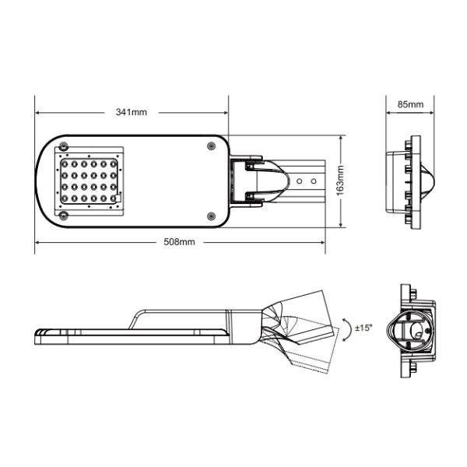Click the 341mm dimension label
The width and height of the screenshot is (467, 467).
pos(131,112)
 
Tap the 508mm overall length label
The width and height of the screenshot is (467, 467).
pos(179,242)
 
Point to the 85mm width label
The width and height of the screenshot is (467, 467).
pos(410,104)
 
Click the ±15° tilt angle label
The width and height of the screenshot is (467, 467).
pos(363,328)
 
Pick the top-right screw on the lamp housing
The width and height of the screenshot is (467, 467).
pos(211,146)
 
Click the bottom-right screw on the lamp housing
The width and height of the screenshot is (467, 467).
pos(211,216)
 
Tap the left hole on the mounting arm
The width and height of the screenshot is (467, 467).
pos(299,181)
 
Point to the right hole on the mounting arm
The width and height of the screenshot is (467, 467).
pos(313,181)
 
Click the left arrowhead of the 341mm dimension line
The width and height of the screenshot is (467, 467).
pos(37,112)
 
